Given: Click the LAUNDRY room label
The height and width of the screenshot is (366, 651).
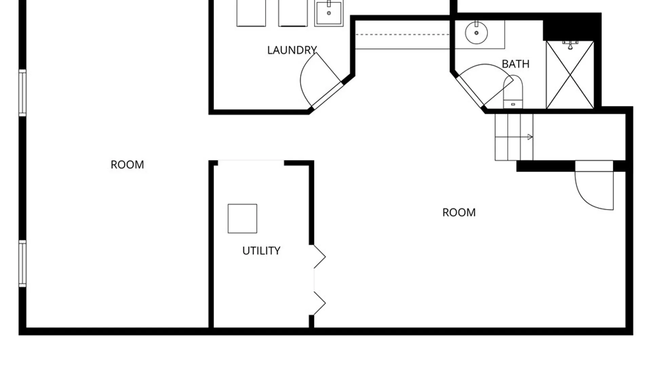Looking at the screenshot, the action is pyautogui.click(x=292, y=50).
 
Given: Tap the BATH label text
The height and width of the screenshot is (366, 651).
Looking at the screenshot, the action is pyautogui.click(x=515, y=64).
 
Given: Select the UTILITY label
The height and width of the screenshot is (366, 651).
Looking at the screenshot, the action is pyautogui.click(x=261, y=251).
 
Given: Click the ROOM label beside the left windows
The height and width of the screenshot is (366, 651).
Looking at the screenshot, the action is pyautogui.click(x=127, y=165).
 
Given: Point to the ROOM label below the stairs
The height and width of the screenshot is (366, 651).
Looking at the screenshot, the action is pyautogui.click(x=459, y=212).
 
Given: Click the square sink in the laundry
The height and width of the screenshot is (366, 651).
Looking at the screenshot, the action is pyautogui.click(x=329, y=13).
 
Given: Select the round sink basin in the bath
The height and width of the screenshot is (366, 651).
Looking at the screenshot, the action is pyautogui.click(x=476, y=33).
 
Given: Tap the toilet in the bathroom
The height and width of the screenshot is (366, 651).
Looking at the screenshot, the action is pyautogui.click(x=513, y=92).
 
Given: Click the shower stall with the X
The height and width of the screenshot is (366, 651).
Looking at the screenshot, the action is pyautogui.click(x=570, y=75).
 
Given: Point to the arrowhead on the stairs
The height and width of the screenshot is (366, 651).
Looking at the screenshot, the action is pyautogui.click(x=530, y=137).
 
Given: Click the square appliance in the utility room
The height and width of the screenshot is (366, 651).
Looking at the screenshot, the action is pyautogui.click(x=242, y=219).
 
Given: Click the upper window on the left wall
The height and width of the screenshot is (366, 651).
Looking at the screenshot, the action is pyautogui.click(x=22, y=93).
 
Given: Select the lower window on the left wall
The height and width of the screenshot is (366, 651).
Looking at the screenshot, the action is pyautogui.click(x=22, y=264).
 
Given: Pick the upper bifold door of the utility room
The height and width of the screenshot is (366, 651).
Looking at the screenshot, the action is pyautogui.click(x=319, y=257).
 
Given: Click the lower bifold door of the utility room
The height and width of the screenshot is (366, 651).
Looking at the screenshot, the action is pyautogui.click(x=319, y=303).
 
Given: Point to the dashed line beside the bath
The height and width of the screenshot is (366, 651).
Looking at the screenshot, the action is pyautogui.click(x=402, y=35).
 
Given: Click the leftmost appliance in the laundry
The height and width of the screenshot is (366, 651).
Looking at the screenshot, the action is pyautogui.click(x=251, y=13).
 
